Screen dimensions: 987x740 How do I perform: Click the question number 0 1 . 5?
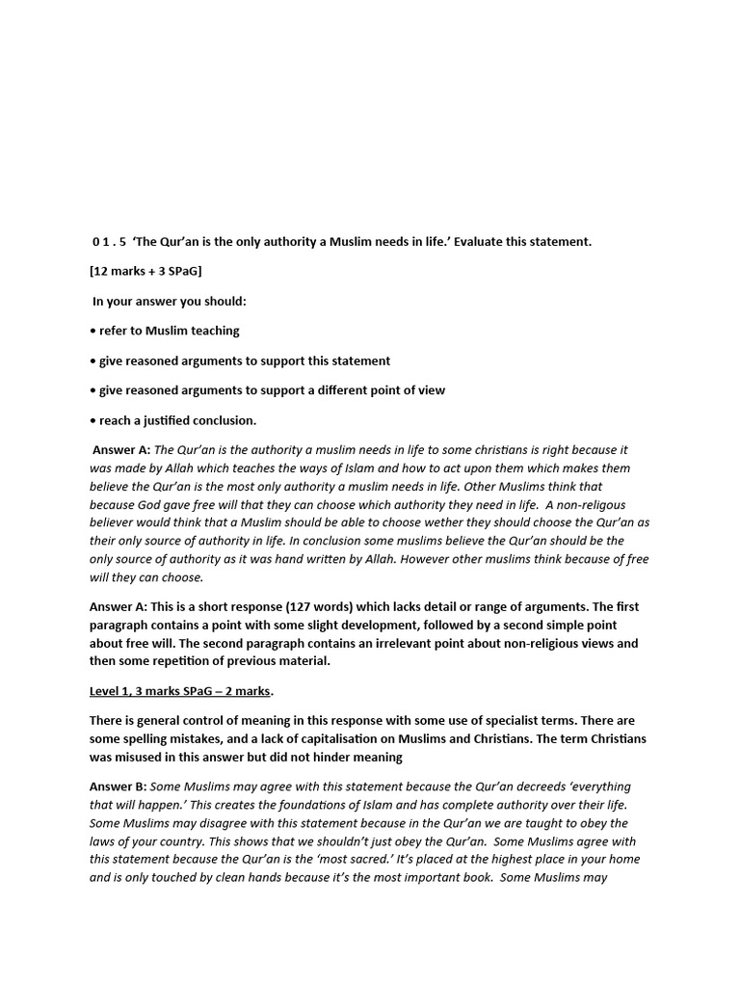tap(109, 242)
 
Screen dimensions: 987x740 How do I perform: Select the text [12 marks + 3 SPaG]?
tap(145, 272)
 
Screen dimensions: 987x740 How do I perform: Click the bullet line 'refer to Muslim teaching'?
tap(169, 332)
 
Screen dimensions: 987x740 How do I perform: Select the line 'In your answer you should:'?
tap(170, 302)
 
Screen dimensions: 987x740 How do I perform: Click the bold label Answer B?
tap(119, 787)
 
